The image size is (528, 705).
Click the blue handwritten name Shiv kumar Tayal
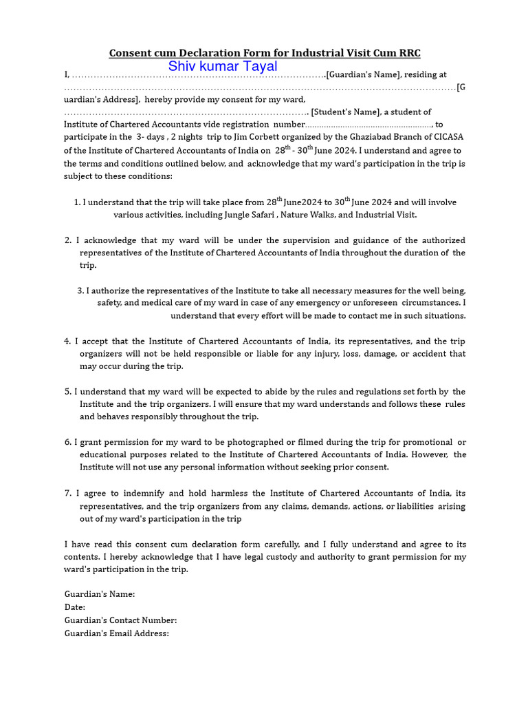point(223,67)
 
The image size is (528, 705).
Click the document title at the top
point(265,52)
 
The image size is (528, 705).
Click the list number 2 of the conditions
point(68,240)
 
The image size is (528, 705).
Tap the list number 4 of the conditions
point(68,341)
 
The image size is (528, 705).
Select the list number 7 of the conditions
point(68,494)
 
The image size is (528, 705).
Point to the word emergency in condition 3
point(317,303)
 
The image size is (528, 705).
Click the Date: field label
point(75,607)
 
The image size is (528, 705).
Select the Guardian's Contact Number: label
point(120,620)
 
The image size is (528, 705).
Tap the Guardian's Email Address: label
point(116,633)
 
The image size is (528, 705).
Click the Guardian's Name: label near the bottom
point(99,594)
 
